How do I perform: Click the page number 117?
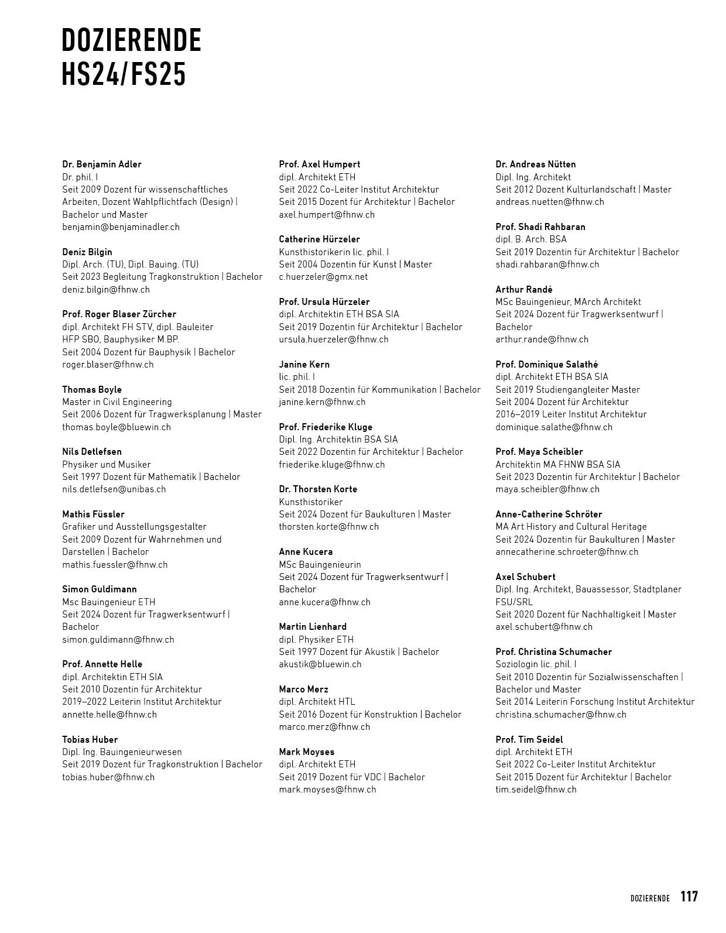pos(689,896)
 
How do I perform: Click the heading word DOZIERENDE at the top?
pos(132,40)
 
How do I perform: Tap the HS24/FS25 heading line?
pos(124,74)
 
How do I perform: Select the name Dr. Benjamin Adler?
pos(102,164)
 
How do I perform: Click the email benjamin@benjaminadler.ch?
pos(121,227)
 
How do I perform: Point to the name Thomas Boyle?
pos(92,389)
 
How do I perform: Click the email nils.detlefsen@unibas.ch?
pos(114,489)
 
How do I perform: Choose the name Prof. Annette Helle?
pos(102,664)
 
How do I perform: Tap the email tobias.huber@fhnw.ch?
pos(108,777)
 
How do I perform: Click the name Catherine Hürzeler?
pos(320,239)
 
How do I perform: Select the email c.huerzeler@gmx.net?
pos(323,276)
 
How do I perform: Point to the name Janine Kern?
pos(304,364)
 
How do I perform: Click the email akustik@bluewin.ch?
pos(320,664)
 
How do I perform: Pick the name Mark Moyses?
pos(307,752)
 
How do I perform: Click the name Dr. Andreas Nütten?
pos(536,164)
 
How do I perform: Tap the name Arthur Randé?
pos(524,289)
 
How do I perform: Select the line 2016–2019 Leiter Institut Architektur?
pos(571,414)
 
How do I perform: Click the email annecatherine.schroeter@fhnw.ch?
pos(567,551)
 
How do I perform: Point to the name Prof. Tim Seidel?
pos(529,739)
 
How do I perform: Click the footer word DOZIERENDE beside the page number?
pos(650,898)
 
